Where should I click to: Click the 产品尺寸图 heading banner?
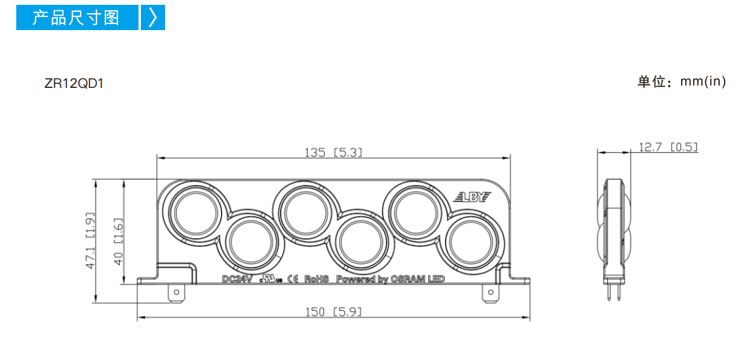point(77,17)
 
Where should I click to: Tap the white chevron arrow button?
point(153,17)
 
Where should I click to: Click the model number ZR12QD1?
point(74,84)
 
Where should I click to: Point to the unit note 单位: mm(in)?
point(682,82)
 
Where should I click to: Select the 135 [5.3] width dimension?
point(333,152)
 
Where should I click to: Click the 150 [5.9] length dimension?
point(333,312)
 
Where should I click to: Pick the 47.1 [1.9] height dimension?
point(90,241)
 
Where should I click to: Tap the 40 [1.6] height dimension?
point(118,242)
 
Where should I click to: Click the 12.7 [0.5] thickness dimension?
point(668,147)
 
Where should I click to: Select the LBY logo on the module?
point(472,197)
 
